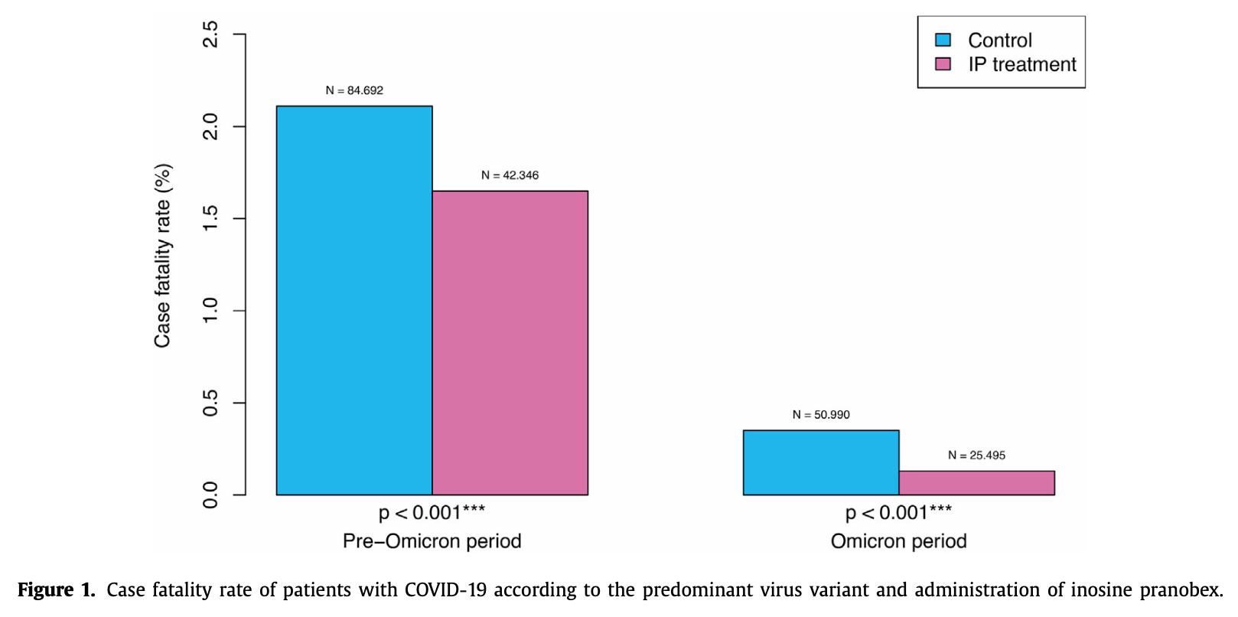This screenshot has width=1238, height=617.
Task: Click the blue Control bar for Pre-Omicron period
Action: click(x=354, y=300)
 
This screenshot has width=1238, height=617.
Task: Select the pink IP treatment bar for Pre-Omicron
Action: click(x=510, y=342)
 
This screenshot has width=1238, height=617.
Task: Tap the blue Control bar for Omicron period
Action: click(x=820, y=462)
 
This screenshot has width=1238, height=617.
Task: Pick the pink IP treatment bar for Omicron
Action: click(x=976, y=483)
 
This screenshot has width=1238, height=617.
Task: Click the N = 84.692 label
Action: click(x=354, y=90)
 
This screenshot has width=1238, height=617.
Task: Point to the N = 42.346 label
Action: click(x=510, y=175)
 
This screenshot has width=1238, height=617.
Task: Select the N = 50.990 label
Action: click(x=821, y=415)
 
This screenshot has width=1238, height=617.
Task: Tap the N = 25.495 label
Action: click(x=976, y=455)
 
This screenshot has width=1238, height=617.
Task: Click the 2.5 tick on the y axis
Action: click(x=210, y=34)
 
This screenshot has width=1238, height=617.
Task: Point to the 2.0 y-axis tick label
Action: click(x=210, y=126)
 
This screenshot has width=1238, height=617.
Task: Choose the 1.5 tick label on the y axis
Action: click(x=210, y=219)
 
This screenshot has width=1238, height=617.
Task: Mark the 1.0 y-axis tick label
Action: click(x=210, y=311)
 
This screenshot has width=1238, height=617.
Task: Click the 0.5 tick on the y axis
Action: click(x=210, y=403)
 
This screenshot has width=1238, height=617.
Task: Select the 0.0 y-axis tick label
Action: click(x=210, y=495)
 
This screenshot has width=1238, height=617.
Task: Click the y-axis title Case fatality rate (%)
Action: click(x=163, y=256)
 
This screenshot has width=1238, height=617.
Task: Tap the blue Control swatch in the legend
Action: click(x=943, y=40)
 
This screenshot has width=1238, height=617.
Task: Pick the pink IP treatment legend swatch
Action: click(x=943, y=64)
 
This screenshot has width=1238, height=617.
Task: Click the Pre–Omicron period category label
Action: click(x=432, y=541)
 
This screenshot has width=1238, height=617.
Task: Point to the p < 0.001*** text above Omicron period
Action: click(x=898, y=513)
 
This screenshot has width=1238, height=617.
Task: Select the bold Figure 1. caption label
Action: click(x=56, y=590)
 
